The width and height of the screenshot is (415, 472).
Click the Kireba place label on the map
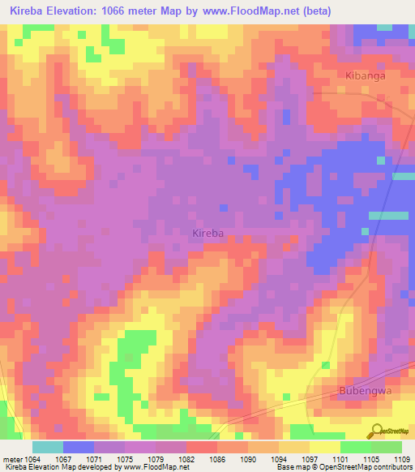coord(207,234)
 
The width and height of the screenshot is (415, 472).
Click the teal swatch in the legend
coord(48,448)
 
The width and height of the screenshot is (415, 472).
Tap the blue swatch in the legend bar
coord(79,448)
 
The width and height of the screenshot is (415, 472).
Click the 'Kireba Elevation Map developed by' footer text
coord(57,467)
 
